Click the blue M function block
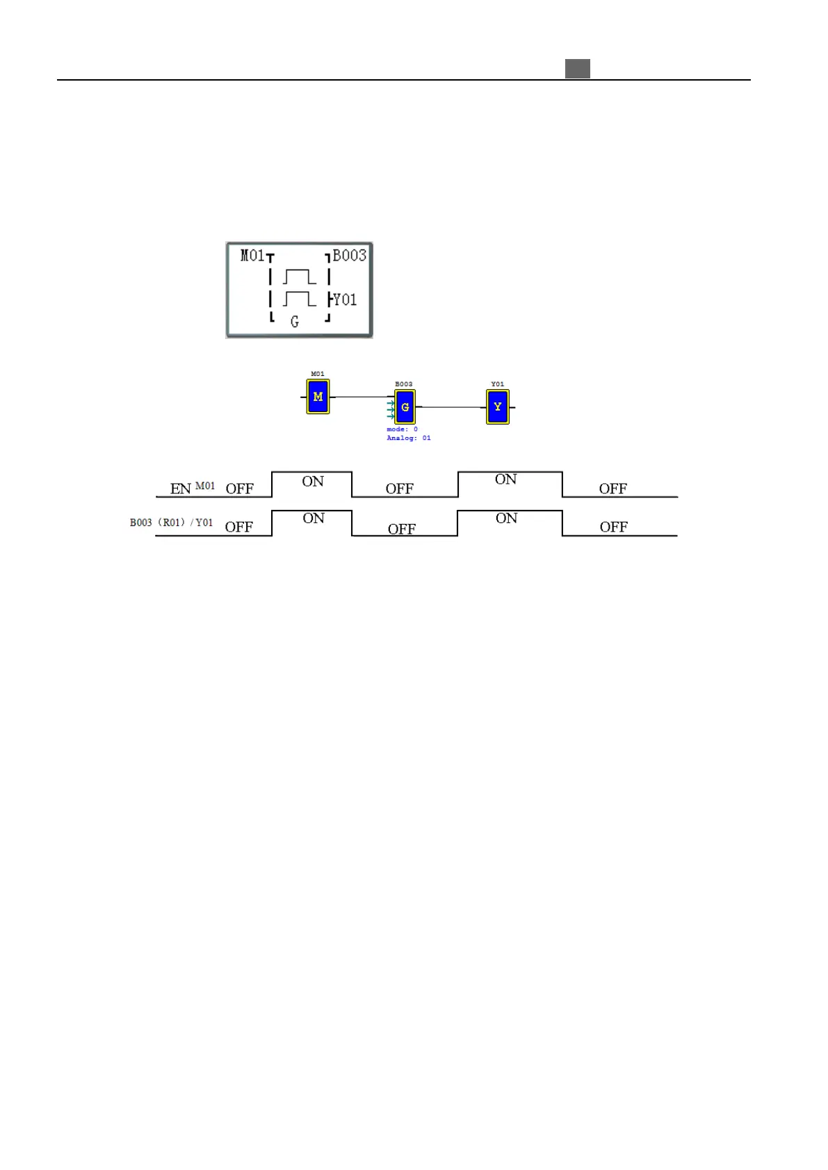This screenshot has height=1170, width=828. [318, 397]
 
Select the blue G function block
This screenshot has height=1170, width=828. [405, 407]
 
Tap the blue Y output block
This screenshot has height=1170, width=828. [498, 406]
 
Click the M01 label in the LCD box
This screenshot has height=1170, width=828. [252, 256]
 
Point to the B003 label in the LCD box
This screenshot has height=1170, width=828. [350, 256]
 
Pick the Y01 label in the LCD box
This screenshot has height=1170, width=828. [345, 299]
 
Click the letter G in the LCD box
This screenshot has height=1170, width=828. [295, 321]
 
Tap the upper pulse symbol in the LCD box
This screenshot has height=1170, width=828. [300, 277]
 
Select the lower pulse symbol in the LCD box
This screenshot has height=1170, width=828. [300, 299]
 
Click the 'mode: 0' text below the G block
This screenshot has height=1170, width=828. [402, 429]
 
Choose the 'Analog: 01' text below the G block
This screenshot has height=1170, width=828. [409, 438]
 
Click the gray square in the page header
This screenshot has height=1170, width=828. [577, 69]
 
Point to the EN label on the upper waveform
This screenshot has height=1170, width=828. [180, 488]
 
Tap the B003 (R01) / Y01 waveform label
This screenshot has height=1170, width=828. [171, 522]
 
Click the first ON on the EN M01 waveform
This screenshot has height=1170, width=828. [313, 481]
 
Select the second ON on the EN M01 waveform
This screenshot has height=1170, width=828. [505, 479]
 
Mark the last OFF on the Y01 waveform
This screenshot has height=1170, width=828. [613, 527]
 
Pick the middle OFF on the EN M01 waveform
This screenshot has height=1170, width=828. [399, 488]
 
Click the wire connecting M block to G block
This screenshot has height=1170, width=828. [360, 397]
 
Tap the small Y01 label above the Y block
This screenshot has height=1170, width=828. [498, 384]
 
